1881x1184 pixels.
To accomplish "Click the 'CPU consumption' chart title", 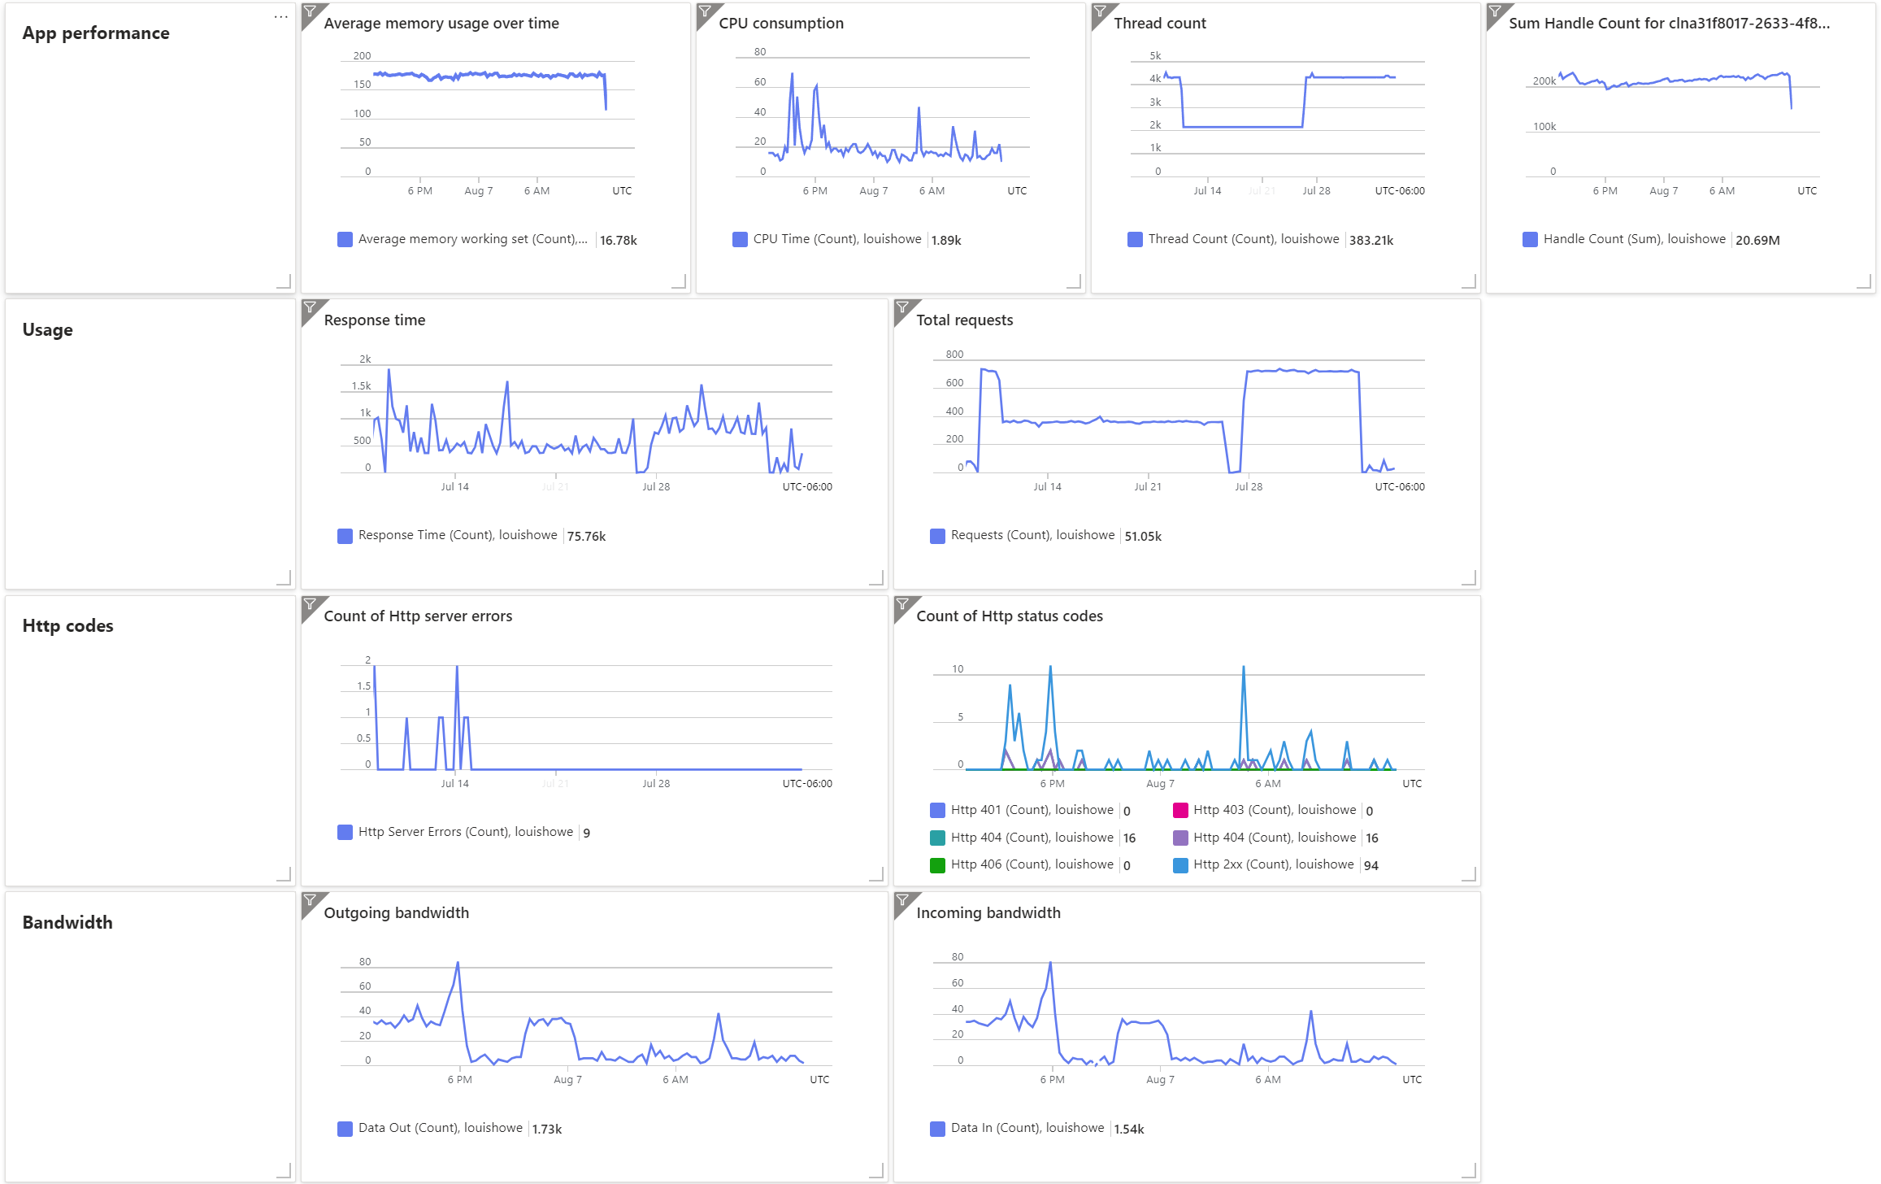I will pos(780,24).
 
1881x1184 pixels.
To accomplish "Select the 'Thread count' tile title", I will pos(1159,24).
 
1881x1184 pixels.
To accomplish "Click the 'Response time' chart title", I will pos(374,320).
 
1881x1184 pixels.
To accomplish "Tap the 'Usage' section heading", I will pos(47,330).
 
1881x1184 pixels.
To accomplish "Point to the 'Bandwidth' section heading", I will pos(67,923).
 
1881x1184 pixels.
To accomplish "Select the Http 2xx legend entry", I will pos(1273,865).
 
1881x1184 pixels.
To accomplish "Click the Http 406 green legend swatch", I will pos(937,865).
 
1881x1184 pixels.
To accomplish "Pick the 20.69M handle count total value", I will pos(1757,240).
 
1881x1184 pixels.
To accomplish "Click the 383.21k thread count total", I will pos(1371,240).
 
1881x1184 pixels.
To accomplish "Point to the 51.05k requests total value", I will pos(1143,536).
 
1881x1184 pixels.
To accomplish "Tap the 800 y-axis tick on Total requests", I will pos(954,355).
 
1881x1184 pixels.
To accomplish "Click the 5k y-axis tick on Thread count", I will pos(1155,56).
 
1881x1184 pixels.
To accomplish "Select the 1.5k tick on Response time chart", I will pos(361,386).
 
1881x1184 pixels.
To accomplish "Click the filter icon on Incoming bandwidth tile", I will pos(902,900).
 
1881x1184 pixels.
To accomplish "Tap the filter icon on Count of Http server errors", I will pos(310,603).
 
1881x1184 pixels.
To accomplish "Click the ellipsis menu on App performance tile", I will pos(280,16).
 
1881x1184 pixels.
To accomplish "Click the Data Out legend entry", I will pos(440,1129).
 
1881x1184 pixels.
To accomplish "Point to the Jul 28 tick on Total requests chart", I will pos(1249,487).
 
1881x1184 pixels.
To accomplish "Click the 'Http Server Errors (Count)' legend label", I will pos(465,832).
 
